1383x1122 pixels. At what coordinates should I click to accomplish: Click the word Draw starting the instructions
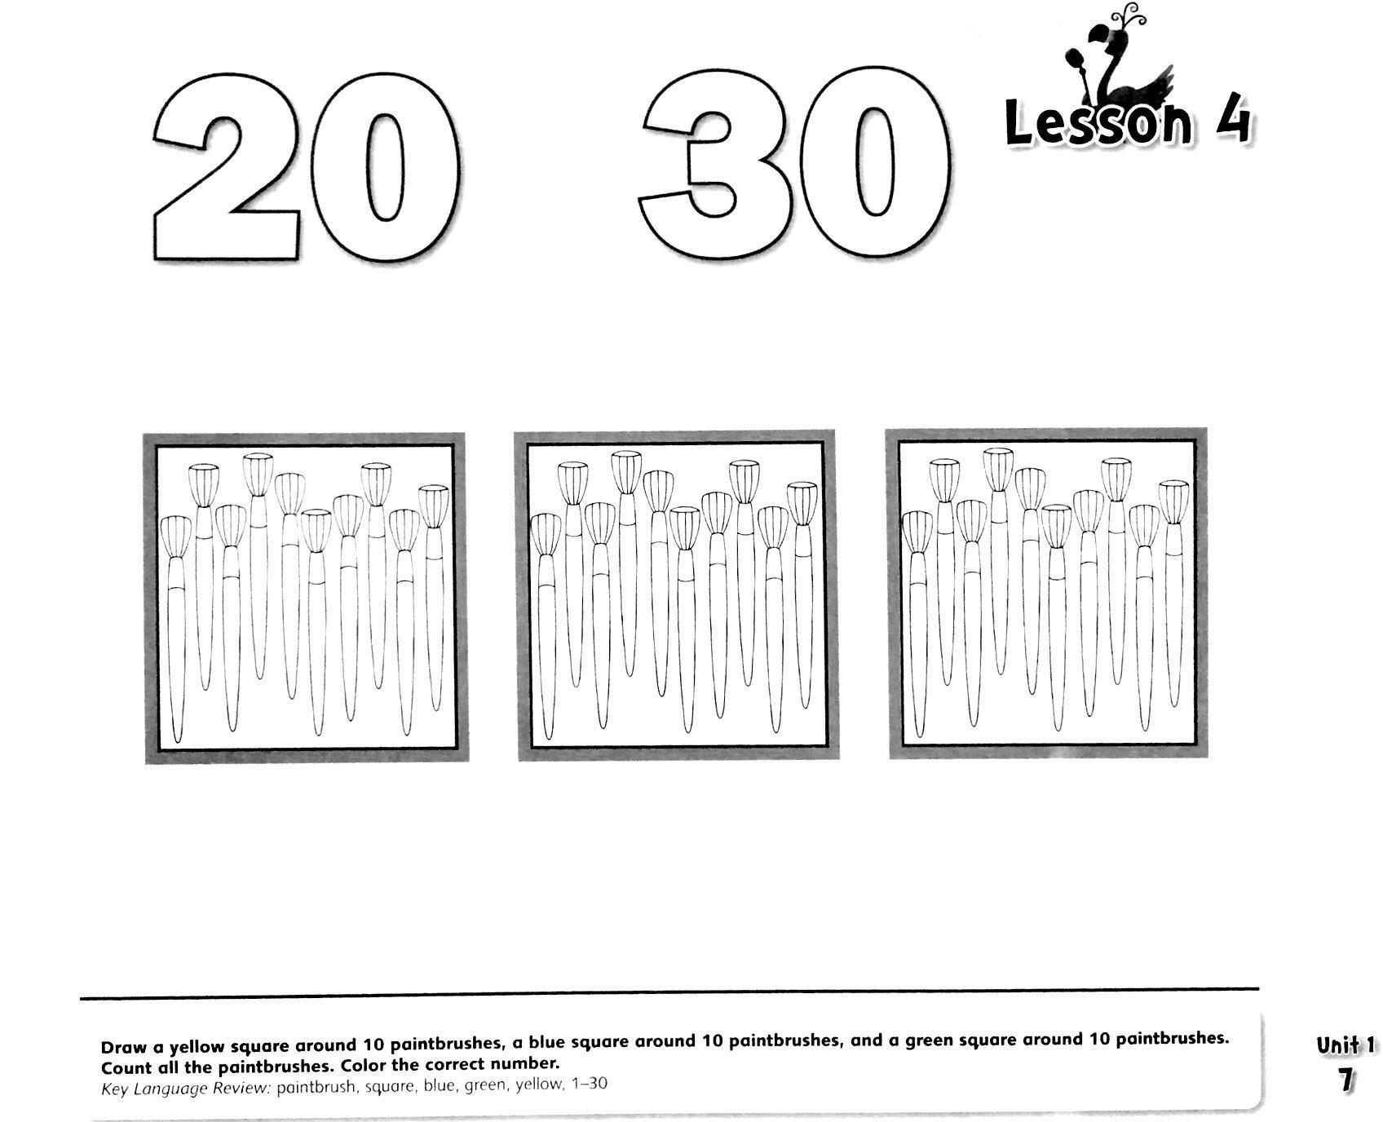119,1045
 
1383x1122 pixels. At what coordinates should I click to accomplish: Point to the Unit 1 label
1345,1045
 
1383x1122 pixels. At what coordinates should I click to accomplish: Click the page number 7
1345,1080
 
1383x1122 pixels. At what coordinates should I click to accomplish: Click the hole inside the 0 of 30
874,164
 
